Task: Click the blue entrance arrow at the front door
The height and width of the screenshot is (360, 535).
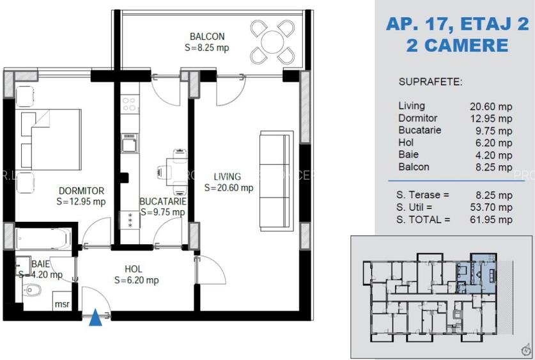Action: tap(95, 317)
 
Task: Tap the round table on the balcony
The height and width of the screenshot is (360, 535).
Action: tap(272, 42)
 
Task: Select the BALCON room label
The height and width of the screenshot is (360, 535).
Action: tap(206, 36)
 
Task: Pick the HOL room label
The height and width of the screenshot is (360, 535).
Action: tap(133, 269)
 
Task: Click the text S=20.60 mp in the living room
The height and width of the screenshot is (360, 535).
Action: tap(229, 188)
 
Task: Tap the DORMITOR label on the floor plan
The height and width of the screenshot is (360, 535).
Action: tap(81, 191)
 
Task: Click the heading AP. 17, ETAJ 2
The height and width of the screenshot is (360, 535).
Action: tap(457, 24)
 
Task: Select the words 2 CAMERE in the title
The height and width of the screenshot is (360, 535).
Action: tap(457, 45)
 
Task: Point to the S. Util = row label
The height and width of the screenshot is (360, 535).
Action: tap(415, 207)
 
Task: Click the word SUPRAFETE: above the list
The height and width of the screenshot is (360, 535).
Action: tap(430, 82)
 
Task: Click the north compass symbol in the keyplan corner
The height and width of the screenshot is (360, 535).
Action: tap(525, 349)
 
